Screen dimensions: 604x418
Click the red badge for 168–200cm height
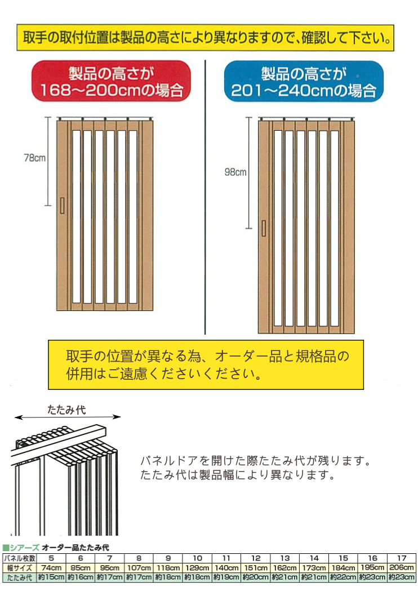point(111,81)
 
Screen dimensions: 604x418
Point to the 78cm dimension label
point(34,158)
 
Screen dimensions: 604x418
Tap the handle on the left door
point(62,206)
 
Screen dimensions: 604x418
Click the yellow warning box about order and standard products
point(206,365)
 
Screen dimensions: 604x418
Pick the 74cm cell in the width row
point(51,568)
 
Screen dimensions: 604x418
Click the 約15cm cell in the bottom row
point(51,578)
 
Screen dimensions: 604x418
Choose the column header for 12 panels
point(256,558)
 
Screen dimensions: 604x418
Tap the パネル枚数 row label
point(20,558)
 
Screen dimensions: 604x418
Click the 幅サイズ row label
point(20,568)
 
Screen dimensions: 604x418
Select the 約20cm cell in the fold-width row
point(256,578)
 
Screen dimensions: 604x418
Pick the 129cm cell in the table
point(198,568)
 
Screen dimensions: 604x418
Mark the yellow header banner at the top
point(206,38)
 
